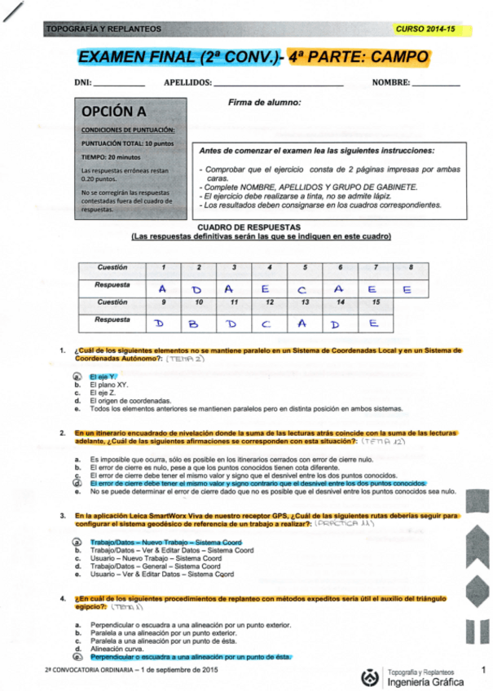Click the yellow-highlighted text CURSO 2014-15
pos(423,29)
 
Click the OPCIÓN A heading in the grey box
pos(115,112)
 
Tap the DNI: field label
pos(82,82)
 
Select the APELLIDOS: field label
pos(187,82)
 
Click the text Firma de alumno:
pos(265,103)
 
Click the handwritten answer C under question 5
pos(302,288)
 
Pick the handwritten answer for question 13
pos(302,323)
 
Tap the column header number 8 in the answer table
pos(409,268)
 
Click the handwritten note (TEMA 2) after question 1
pos(186,359)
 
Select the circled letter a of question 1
pos(77,376)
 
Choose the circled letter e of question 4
pos(77,656)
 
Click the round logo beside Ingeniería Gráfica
pos(369,675)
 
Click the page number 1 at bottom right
pos(482,670)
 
